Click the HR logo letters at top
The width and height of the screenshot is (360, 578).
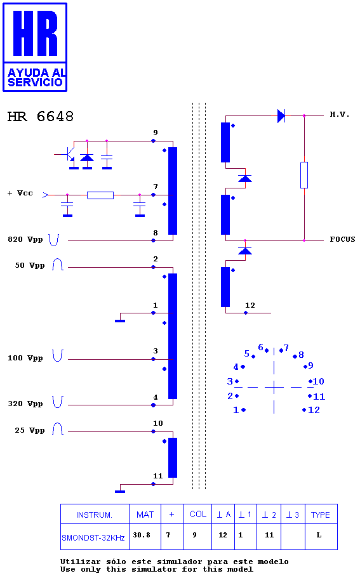coord(36,33)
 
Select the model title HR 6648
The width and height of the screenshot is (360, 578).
coord(41,117)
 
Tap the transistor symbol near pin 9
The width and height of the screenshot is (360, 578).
coord(69,154)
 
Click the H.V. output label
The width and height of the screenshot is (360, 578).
coord(339,115)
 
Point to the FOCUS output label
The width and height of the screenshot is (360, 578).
coord(342,239)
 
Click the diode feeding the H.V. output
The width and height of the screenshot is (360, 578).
coord(281,115)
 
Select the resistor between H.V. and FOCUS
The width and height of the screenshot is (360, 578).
coord(304,175)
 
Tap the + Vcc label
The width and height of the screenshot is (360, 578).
coord(20,193)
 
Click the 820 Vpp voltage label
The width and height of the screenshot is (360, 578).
coord(25,240)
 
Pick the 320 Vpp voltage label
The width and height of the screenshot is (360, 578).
coord(25,404)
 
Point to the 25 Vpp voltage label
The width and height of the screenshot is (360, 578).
coord(29,430)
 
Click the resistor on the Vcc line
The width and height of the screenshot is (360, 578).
coord(100,195)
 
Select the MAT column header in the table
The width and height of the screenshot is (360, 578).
coord(145,515)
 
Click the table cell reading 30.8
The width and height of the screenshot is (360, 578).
coord(142,535)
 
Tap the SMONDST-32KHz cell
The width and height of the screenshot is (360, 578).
coord(93,538)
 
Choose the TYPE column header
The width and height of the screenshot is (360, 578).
coord(320,515)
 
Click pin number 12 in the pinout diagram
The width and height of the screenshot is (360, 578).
coord(314,410)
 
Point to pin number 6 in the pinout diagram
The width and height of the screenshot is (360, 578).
coord(261,347)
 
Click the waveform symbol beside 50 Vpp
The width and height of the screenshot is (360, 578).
coord(58,265)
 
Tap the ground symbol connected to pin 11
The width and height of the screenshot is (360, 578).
coord(120,491)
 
